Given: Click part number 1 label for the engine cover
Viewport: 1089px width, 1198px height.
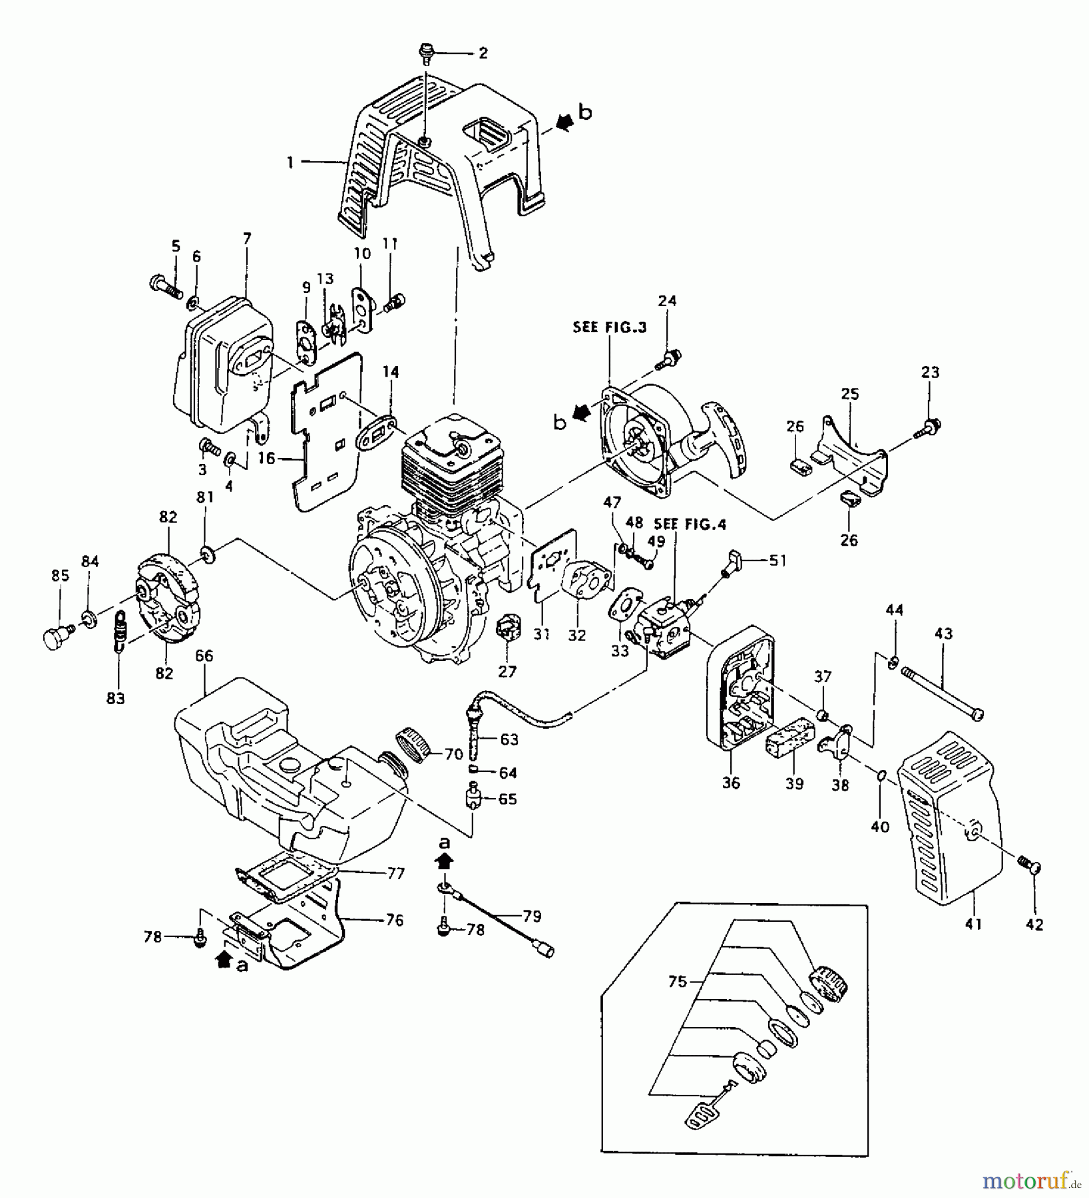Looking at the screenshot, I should click(x=290, y=162).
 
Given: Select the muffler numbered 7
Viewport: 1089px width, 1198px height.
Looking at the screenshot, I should click(x=220, y=373).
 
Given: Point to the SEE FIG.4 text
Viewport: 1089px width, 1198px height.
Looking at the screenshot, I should click(x=690, y=524).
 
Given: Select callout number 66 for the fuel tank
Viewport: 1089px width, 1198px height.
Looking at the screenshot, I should click(x=204, y=656).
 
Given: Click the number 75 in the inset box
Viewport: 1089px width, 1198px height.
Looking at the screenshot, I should click(x=677, y=982).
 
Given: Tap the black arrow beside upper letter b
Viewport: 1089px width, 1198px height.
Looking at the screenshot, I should click(x=564, y=121).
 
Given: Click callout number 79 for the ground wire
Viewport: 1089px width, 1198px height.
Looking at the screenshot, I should click(x=532, y=916).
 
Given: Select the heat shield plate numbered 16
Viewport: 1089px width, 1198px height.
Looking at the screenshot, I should click(x=326, y=439).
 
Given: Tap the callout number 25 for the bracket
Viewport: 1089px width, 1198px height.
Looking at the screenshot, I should click(x=849, y=393).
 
